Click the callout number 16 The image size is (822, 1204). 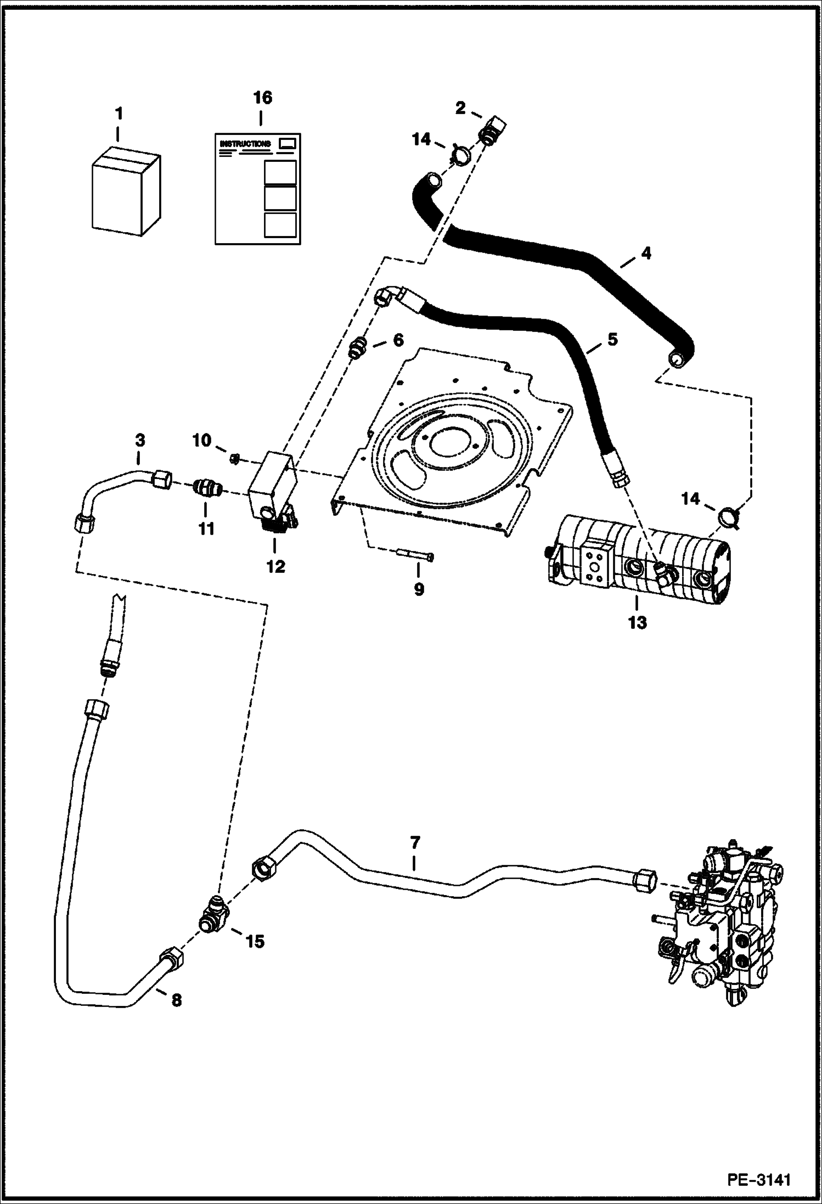click(x=262, y=98)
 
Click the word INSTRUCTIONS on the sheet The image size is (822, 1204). click(x=245, y=144)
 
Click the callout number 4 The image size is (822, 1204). click(x=646, y=253)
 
